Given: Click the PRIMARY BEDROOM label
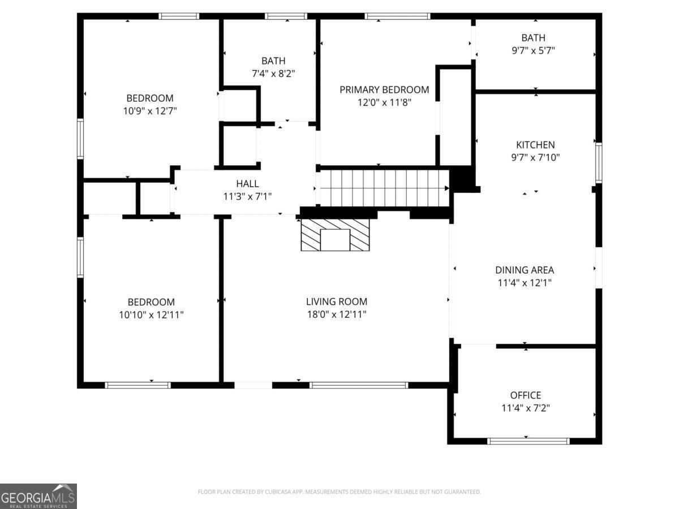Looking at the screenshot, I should (384, 89).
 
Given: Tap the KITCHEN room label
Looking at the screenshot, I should (535, 145).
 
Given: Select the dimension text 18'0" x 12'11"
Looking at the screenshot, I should (337, 314).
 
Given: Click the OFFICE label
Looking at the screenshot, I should (526, 395).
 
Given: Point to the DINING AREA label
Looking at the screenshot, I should (525, 270).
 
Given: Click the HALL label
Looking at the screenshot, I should (247, 183).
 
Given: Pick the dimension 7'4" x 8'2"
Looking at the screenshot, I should (273, 73).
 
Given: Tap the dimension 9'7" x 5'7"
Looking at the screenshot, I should (533, 50).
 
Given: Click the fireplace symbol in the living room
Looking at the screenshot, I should (335, 235).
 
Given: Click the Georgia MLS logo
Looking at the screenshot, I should (38, 496).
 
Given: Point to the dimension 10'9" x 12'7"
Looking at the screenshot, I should (150, 111).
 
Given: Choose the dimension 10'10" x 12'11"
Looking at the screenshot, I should (151, 314).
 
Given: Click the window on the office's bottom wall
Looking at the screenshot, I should (528, 441).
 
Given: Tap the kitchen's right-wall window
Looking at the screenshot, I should (598, 163).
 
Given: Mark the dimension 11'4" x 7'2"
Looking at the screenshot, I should (526, 408).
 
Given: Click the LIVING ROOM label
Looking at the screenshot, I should (337, 302).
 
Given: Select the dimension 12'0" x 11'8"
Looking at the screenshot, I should (384, 102).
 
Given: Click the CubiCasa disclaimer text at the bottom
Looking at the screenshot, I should (339, 492).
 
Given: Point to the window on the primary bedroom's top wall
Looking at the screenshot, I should (397, 16).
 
